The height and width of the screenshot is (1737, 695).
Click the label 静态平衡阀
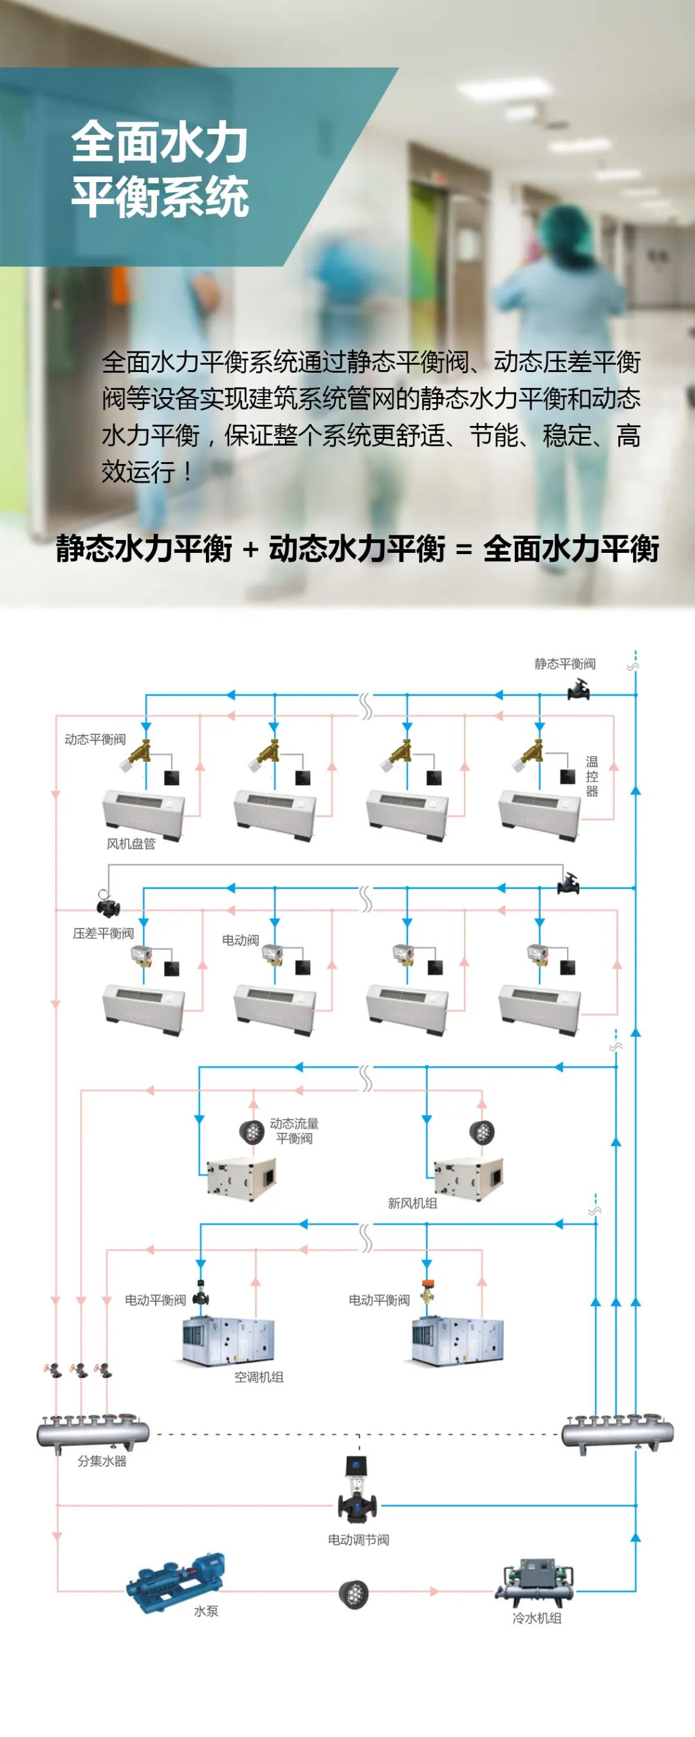(564, 664)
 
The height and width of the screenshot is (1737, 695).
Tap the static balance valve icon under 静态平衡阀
(579, 689)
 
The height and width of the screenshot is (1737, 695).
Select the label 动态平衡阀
(95, 739)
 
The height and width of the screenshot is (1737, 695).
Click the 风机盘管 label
(131, 844)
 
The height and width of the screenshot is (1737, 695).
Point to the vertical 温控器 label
(592, 776)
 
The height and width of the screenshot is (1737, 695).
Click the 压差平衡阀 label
(103, 933)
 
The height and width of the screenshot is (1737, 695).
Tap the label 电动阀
(240, 940)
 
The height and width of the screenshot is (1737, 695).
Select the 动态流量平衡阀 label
(294, 1130)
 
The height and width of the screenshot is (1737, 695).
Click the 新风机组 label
(412, 1203)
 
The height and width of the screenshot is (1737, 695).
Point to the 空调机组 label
(259, 1377)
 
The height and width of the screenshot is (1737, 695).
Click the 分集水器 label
(102, 1460)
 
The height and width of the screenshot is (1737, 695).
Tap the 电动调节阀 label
(358, 1539)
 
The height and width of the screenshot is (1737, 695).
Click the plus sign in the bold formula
(251, 549)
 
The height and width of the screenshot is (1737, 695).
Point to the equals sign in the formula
(464, 549)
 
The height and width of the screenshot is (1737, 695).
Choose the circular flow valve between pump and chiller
(353, 1593)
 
